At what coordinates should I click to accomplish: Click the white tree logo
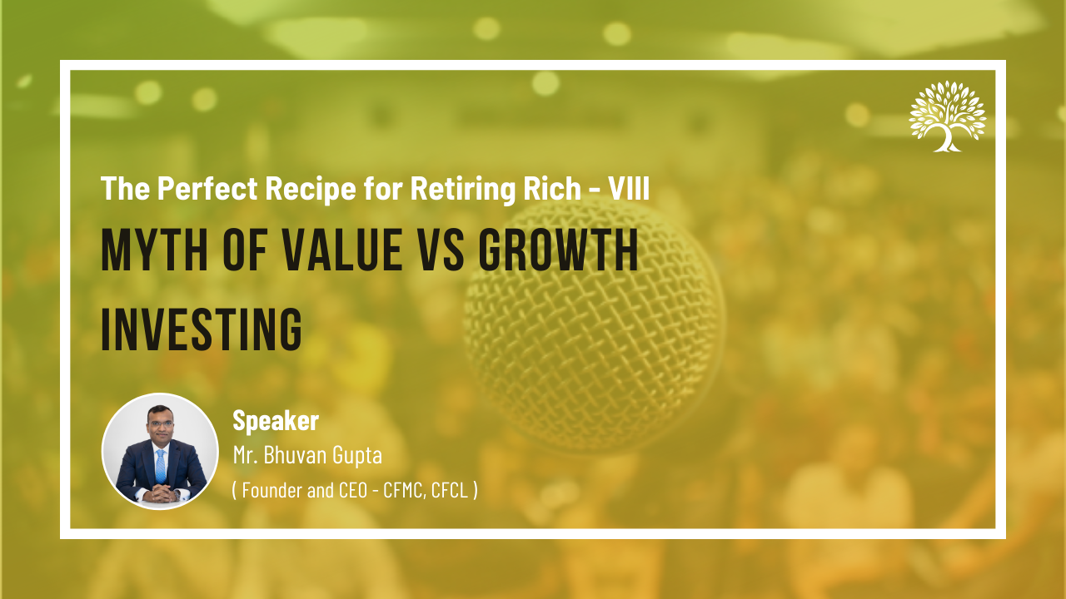pos(948,116)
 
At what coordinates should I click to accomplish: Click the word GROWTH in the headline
pos(558,250)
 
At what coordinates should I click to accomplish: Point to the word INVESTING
pos(202,329)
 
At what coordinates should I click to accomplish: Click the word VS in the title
pos(441,250)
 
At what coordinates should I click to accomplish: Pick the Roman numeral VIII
pos(628,188)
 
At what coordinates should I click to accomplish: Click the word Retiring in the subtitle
pos(462,189)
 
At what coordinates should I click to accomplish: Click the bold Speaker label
pos(276,421)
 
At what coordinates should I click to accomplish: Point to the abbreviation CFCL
pos(450,491)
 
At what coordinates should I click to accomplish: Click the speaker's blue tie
pos(161,467)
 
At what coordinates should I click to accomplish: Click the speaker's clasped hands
pos(161,494)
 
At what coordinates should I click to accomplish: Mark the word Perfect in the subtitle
pos(207,188)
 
